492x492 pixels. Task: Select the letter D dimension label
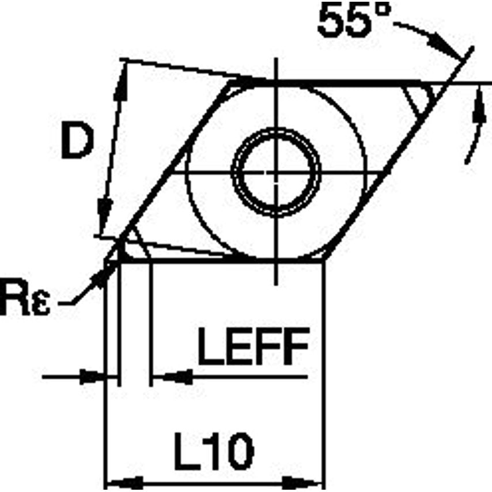pos(77,142)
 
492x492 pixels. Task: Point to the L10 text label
pos(214,452)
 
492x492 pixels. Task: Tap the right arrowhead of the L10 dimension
pos(308,482)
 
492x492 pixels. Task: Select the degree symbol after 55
pos(381,13)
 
